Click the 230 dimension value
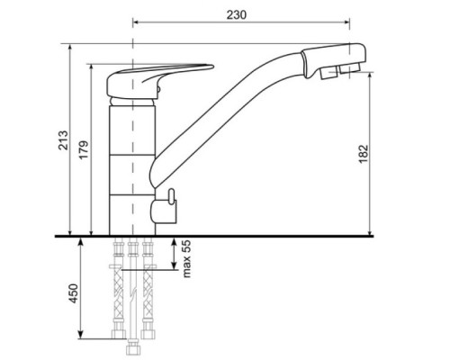tap(237, 14)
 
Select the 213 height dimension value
tap(63, 140)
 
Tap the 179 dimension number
tap(85, 149)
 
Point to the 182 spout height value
tap(363, 154)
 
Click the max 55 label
tap(186, 259)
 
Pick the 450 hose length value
tap(74, 293)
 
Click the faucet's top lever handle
tap(160, 80)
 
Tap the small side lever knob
tap(171, 196)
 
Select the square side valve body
tap(164, 212)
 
